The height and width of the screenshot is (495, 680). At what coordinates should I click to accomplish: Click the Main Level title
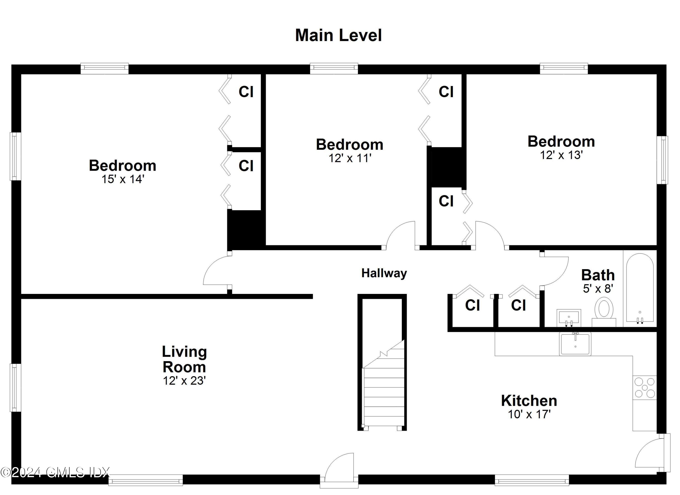click(338, 35)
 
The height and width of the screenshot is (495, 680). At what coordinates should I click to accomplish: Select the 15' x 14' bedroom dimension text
click(123, 179)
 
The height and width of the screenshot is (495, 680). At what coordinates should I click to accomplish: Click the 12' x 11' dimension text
click(350, 158)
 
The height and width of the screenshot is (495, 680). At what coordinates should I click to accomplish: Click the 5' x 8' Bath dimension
click(598, 288)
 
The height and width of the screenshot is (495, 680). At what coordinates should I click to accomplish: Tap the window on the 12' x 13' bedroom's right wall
click(662, 160)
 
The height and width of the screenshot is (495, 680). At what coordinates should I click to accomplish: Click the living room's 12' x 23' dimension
click(184, 381)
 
